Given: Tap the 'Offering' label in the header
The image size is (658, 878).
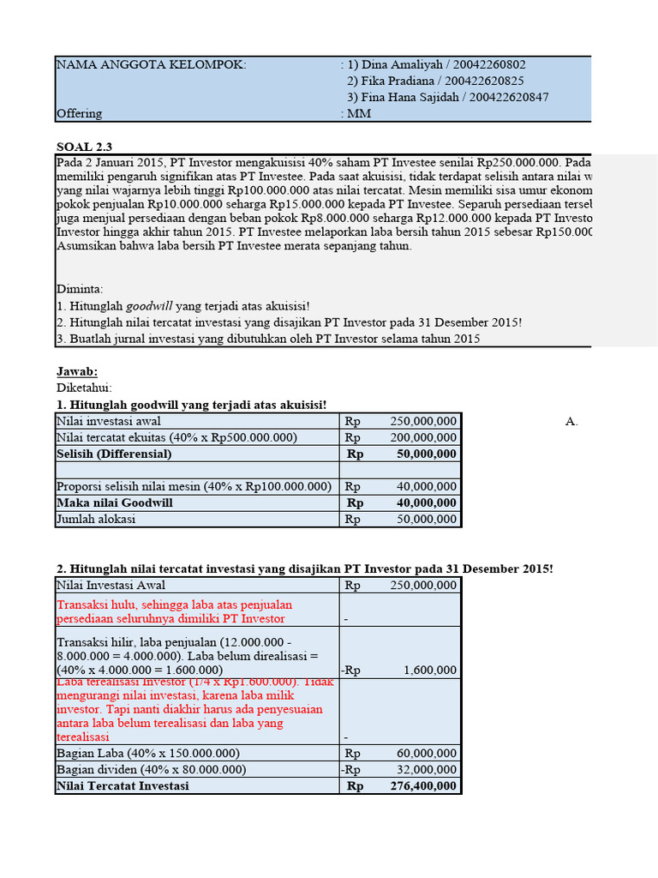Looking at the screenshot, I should [79, 113].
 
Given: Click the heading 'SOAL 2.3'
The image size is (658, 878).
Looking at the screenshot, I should [84, 146].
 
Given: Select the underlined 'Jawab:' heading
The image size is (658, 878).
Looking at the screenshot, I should [77, 371].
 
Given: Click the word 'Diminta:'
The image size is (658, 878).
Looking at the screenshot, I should [80, 289].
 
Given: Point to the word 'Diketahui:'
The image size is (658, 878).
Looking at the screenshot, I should [84, 388].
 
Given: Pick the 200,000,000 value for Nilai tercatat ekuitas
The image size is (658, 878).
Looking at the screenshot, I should [423, 437].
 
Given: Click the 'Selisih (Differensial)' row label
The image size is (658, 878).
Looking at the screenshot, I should [114, 454].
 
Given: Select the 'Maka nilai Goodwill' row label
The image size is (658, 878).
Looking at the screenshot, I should [114, 502].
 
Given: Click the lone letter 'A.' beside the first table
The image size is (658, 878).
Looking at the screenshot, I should [572, 421].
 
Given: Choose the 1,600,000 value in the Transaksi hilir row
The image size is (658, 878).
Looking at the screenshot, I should [431, 670].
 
